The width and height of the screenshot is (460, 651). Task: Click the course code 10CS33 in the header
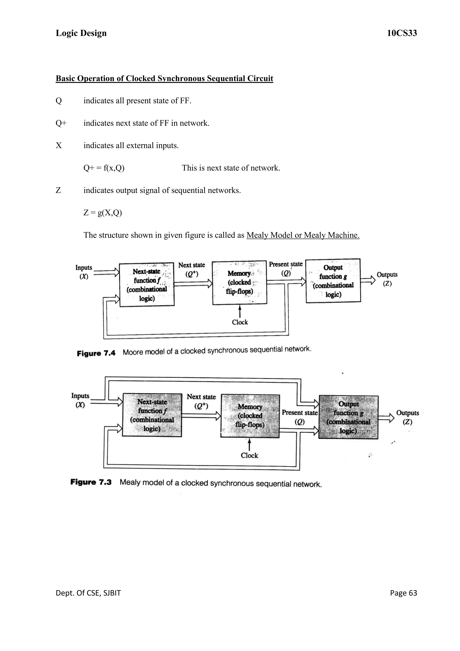tap(402, 33)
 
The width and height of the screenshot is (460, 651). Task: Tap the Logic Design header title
tap(81, 33)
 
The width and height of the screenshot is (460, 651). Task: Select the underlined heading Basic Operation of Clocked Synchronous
tap(164, 78)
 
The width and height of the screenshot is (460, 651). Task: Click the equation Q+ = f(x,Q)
tap(104, 168)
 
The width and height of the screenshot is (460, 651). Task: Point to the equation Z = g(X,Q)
tap(103, 213)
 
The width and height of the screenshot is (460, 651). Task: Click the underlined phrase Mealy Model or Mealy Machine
tap(303, 235)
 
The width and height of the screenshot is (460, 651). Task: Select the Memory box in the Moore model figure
tap(240, 283)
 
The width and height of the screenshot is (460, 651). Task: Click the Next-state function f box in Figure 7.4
tap(147, 285)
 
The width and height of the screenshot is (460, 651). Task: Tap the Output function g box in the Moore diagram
tap(333, 281)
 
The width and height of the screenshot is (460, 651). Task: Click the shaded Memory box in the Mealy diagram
tap(250, 416)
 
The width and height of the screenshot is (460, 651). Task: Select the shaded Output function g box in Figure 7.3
tap(348, 417)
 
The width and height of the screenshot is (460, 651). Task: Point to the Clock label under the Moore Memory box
tap(240, 322)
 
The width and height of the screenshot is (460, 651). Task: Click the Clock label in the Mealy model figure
tap(249, 455)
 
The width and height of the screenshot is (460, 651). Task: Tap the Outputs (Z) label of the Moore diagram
tap(387, 279)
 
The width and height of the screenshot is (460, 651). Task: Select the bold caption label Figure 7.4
tap(96, 353)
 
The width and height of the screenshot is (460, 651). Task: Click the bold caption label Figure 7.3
tap(91, 482)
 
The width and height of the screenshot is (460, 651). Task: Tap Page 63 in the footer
tap(403, 593)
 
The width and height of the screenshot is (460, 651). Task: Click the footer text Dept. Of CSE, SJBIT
tap(88, 593)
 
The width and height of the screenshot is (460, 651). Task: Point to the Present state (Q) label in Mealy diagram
tap(299, 417)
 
